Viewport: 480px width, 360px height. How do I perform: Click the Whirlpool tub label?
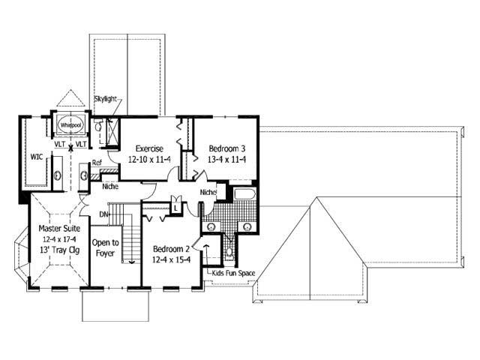click(70, 125)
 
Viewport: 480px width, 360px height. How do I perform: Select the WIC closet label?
click(36, 157)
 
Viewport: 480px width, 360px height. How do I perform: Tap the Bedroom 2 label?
click(171, 249)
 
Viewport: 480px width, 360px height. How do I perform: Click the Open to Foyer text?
click(105, 248)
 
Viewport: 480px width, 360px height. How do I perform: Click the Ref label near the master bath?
click(97, 163)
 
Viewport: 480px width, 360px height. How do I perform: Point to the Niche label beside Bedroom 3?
click(208, 193)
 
